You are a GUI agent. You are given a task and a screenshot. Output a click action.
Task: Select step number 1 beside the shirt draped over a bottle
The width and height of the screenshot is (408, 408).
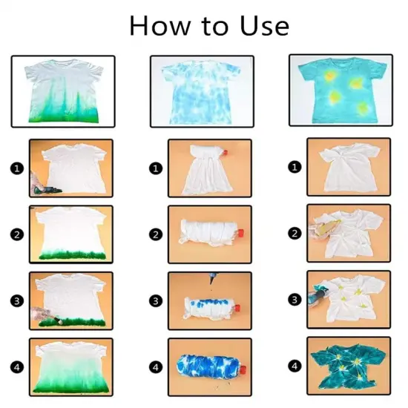(x=155, y=168)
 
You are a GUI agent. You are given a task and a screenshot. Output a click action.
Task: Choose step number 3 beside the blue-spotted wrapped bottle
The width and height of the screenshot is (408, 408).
(x=155, y=300)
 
